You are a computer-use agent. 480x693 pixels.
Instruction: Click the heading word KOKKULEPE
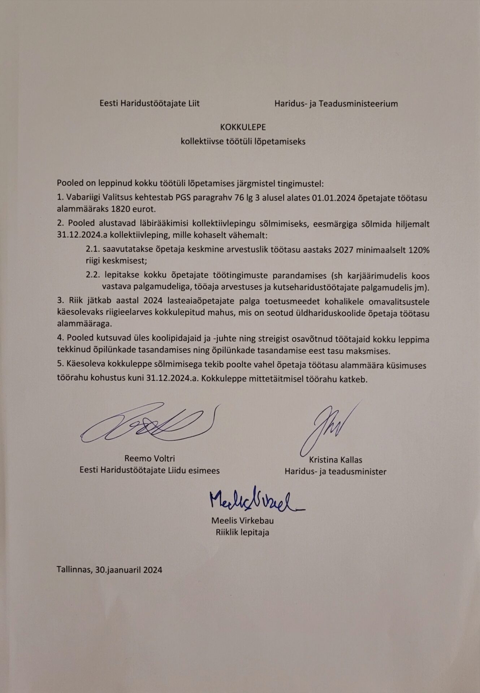(243, 127)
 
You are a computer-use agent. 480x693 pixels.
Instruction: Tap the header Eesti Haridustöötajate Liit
(150, 104)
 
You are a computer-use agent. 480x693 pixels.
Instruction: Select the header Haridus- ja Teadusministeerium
(336, 104)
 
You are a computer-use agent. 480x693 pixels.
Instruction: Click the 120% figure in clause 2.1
(419, 250)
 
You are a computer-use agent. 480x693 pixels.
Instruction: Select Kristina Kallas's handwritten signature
(327, 428)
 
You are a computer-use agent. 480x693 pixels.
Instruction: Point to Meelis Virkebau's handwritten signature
(255, 500)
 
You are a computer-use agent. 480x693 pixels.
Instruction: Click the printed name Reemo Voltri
(150, 459)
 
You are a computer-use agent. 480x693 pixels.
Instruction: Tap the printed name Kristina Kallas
(336, 460)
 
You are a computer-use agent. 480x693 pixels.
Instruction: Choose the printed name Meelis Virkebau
(242, 521)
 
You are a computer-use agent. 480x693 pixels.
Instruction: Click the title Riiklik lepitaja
(242, 532)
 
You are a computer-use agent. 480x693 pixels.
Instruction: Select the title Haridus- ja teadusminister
(336, 471)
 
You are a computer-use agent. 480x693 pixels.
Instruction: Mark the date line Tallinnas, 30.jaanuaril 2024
(109, 570)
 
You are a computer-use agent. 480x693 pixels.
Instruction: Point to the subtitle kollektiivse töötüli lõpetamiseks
(243, 141)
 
